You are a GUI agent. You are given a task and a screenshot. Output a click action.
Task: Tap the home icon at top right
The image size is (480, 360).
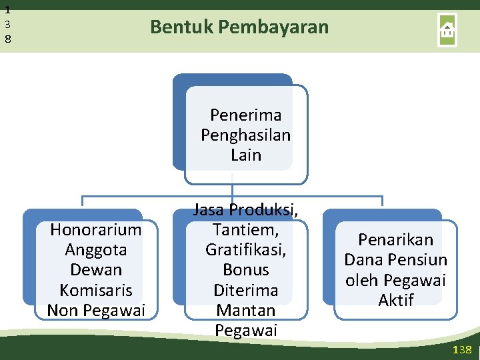click(447, 30)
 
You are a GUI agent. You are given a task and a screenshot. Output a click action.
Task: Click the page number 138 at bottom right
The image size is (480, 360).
click(461, 350)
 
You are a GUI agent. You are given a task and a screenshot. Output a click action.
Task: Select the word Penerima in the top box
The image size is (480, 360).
click(246, 115)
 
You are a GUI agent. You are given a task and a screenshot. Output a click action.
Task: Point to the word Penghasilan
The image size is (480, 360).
click(246, 135)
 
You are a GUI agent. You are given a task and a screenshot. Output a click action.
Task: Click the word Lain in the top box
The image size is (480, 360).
click(246, 155)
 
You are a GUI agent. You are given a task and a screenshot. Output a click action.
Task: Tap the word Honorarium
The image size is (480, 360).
click(96, 230)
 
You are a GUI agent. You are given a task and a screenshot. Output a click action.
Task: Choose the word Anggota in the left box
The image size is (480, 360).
click(96, 250)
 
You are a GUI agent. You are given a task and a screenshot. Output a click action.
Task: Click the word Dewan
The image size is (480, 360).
click(96, 270)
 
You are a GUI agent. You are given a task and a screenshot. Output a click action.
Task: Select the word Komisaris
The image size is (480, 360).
click(96, 291)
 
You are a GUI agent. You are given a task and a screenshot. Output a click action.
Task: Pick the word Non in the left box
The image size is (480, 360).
click(61, 311)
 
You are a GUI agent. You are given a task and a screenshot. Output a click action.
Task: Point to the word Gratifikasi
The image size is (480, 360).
click(245, 250)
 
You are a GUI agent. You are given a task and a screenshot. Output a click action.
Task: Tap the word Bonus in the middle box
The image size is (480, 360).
click(246, 270)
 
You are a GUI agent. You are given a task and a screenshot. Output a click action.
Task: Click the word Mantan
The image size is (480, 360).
click(245, 311)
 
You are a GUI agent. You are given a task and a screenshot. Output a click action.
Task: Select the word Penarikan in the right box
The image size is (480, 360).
click(396, 240)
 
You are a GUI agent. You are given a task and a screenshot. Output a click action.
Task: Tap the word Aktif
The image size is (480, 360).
click(396, 301)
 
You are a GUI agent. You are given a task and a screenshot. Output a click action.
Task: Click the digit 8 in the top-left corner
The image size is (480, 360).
click(7, 39)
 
